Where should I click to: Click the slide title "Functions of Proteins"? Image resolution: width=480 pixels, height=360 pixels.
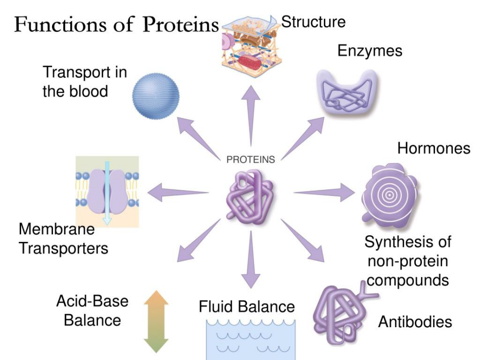tap(116, 24)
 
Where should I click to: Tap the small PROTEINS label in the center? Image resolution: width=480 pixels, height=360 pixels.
tap(251, 160)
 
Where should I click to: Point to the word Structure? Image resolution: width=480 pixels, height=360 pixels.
tap(313, 22)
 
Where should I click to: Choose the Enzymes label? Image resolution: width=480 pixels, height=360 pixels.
tap(370, 50)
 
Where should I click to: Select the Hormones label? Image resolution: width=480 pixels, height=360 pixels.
tap(434, 148)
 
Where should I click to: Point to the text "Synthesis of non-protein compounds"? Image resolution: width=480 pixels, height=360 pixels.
tap(408, 261)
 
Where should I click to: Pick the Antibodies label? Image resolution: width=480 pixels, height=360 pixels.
tap(415, 321)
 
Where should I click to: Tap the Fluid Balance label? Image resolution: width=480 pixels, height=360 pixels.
tap(247, 306)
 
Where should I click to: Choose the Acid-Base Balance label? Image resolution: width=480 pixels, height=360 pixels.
tap(92, 311)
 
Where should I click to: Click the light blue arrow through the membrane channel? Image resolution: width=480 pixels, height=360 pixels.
tap(107, 191)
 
